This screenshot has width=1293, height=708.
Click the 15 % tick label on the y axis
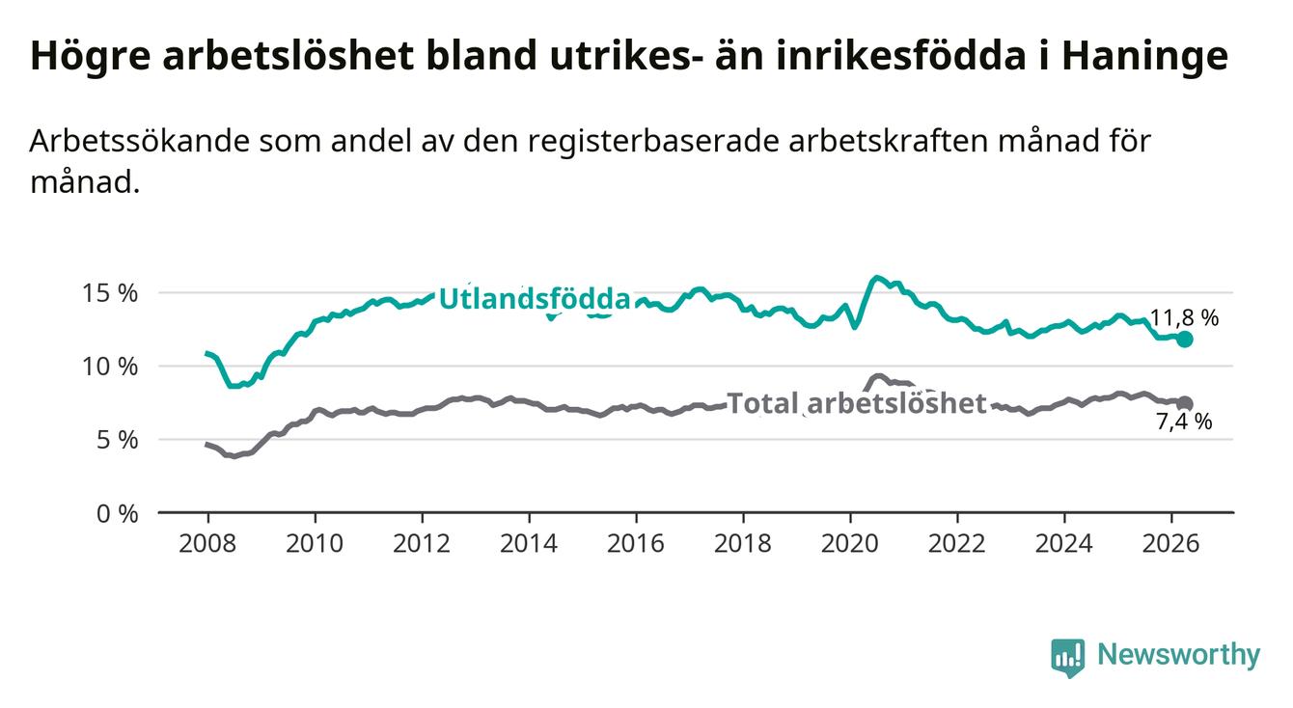point(110,293)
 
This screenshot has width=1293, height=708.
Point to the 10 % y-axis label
point(110,367)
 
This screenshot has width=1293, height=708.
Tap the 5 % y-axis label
point(117,440)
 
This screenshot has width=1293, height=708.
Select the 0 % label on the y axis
point(117,513)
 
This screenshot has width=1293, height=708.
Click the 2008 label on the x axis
point(207,544)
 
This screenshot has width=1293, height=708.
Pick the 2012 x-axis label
point(422,544)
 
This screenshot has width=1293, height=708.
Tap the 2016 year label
point(636,544)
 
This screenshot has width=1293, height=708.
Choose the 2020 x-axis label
point(850,544)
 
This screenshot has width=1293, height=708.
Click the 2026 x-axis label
point(1171,544)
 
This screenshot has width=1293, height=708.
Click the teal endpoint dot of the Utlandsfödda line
point(1185,340)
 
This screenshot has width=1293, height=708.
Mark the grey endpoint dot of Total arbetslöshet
point(1185,403)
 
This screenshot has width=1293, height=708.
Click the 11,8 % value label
point(1185,318)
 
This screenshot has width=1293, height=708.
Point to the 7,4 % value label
point(1185,422)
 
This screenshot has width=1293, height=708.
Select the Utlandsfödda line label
point(535,299)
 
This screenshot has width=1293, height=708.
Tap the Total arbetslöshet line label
point(857,403)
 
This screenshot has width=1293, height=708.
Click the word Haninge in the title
point(1145,56)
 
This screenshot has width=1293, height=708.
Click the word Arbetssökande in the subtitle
point(140,142)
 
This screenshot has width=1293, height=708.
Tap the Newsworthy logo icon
point(1068,657)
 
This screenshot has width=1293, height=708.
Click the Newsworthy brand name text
point(1179,655)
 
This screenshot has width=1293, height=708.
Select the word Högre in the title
point(91,56)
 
